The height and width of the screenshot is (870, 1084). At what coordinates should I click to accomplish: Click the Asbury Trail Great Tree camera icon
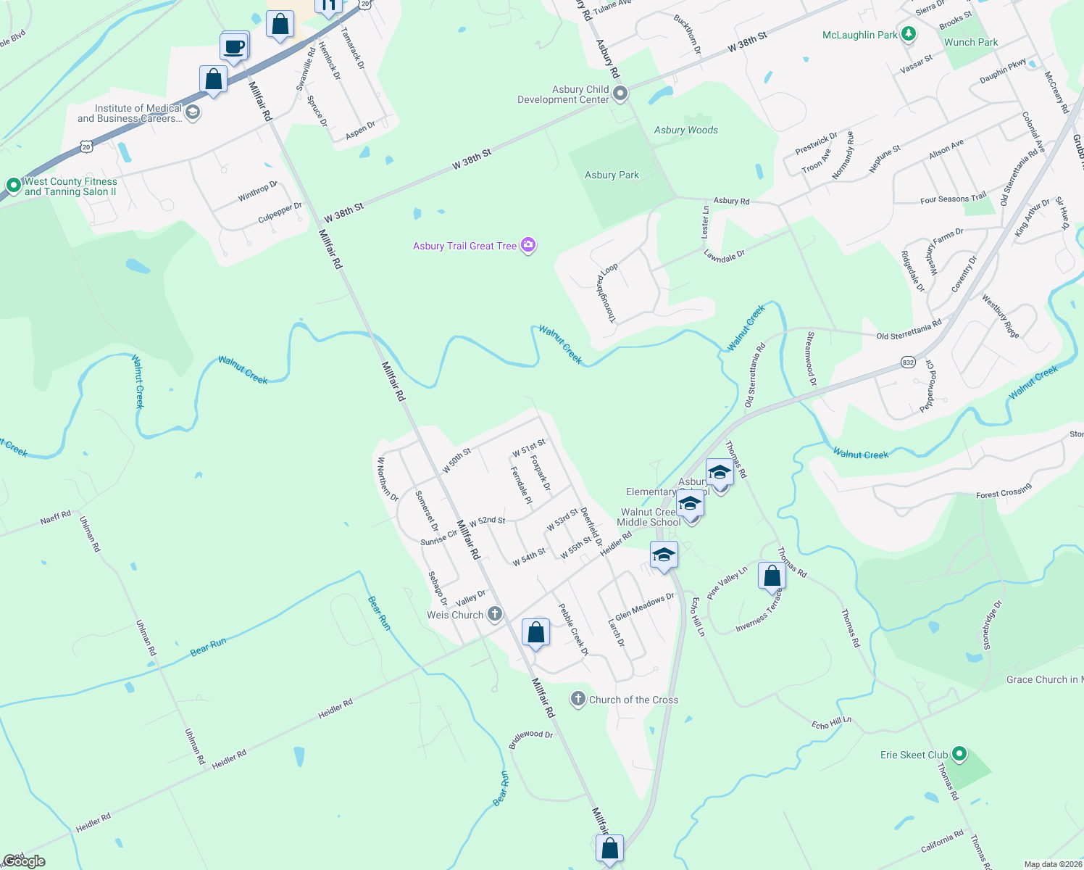[x=528, y=246]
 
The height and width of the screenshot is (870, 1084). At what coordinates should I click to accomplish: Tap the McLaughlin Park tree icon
[x=909, y=34]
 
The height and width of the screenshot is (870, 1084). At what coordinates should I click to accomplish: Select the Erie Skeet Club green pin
[x=959, y=755]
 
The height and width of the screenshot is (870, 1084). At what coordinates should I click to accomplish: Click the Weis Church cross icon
[x=495, y=615]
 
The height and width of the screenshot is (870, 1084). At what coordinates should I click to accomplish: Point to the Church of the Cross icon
[x=578, y=700]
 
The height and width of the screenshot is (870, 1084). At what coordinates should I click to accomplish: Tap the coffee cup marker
[x=234, y=48]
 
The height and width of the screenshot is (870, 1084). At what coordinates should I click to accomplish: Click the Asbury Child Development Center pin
[x=620, y=94]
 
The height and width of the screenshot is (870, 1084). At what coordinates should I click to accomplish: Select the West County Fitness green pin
[x=13, y=186]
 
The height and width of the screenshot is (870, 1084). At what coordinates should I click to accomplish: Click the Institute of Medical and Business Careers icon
[x=193, y=112]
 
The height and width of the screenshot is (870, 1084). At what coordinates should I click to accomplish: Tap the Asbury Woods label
[x=685, y=130]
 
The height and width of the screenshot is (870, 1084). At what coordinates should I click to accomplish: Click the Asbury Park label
[x=612, y=175]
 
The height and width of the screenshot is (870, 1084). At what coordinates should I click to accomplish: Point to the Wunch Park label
[x=971, y=42]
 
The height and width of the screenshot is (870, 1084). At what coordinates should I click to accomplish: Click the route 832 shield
[x=908, y=361]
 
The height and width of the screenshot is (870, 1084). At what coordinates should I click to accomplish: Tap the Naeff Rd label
[x=56, y=518]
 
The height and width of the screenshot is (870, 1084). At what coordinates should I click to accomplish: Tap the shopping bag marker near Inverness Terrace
[x=772, y=576]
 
